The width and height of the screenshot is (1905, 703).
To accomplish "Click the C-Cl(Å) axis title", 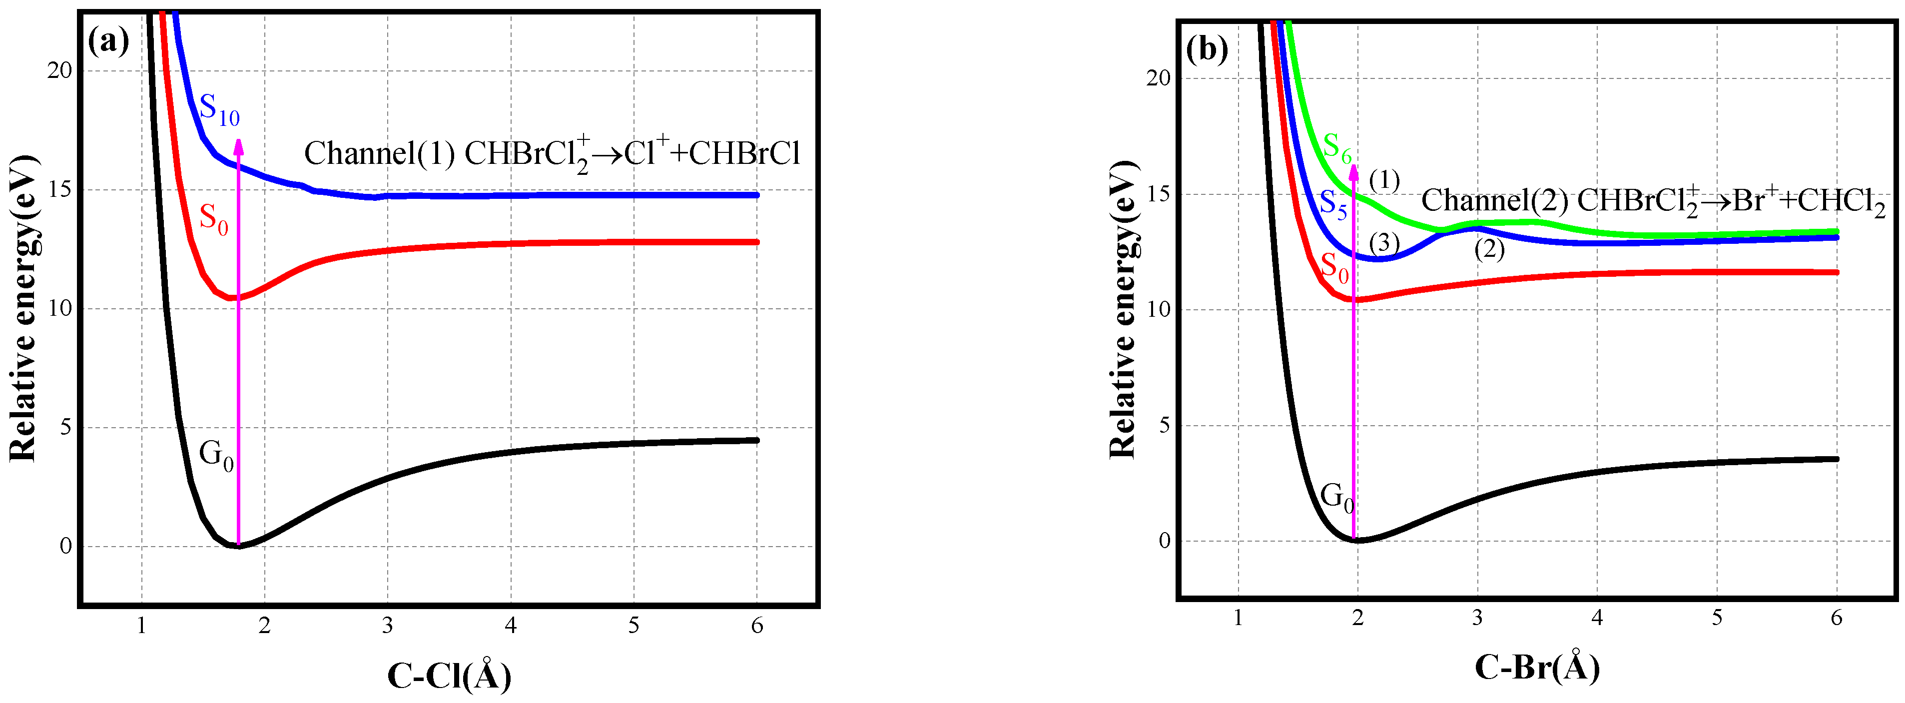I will pyautogui.click(x=449, y=674).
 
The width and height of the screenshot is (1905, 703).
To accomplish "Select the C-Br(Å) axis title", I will pyautogui.click(x=1537, y=667).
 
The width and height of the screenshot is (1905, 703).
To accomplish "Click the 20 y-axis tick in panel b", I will pyautogui.click(x=1158, y=78).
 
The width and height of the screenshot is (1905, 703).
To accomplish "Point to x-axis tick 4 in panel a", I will pyautogui.click(x=510, y=626).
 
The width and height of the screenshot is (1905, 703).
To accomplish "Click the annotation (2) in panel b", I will pyautogui.click(x=1489, y=249).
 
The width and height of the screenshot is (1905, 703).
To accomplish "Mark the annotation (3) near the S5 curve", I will pyautogui.click(x=1383, y=242).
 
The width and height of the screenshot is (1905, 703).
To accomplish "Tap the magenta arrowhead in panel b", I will pyautogui.click(x=1354, y=171).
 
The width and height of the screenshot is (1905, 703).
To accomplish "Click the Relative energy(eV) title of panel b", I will pyautogui.click(x=1123, y=309).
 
